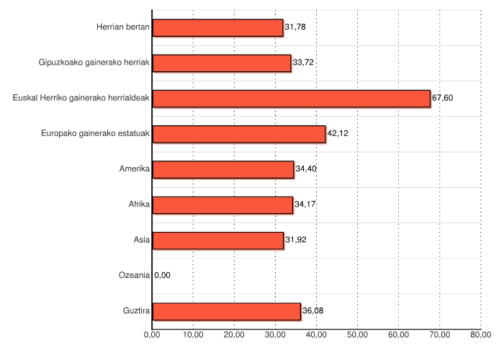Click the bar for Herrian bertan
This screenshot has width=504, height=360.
click(x=217, y=27)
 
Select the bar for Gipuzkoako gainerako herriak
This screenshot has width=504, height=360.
click(x=222, y=63)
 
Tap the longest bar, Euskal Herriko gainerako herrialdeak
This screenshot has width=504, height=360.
click(x=291, y=98)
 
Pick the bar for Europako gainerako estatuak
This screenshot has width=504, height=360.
click(x=239, y=134)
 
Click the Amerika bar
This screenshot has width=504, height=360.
click(x=223, y=169)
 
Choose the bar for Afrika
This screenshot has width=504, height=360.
click(x=222, y=204)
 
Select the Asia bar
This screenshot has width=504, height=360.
click(x=218, y=240)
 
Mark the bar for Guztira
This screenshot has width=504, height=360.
click(x=226, y=311)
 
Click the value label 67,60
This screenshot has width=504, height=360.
click(x=442, y=98)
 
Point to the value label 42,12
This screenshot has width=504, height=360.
click(x=338, y=134)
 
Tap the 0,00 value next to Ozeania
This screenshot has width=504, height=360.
click(x=163, y=275)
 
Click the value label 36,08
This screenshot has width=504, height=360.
click(x=312, y=311)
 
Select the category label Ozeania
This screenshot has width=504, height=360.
click(x=134, y=275)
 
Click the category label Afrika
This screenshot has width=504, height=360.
click(x=138, y=204)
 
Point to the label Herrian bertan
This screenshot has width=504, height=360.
click(x=122, y=27)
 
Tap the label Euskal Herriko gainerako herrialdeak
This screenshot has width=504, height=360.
click(x=81, y=98)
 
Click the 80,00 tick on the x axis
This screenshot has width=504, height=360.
click(x=480, y=335)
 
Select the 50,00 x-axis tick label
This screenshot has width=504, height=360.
click(x=357, y=335)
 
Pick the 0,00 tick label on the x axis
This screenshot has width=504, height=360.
click(x=152, y=335)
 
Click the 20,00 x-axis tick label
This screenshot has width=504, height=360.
click(x=234, y=335)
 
